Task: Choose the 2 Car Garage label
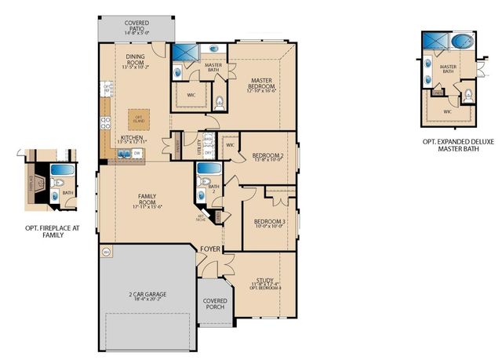[147, 296]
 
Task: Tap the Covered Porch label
[215, 303]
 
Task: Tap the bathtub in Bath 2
[208, 169]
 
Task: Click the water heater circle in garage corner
[107, 252]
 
